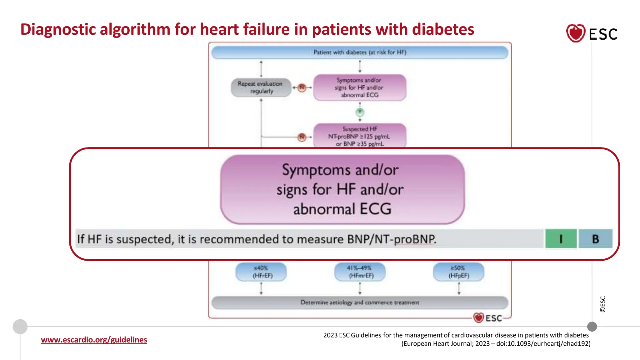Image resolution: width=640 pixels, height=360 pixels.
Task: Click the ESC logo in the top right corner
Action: click(x=592, y=33)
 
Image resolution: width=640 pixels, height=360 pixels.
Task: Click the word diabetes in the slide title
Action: click(x=443, y=29)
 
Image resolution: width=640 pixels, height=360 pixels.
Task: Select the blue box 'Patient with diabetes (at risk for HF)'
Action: click(x=360, y=52)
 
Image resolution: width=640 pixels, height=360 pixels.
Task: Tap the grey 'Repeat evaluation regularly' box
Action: click(x=261, y=87)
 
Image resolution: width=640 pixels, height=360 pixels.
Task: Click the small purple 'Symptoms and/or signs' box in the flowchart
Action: click(x=360, y=87)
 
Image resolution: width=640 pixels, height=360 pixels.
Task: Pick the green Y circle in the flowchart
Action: click(x=360, y=112)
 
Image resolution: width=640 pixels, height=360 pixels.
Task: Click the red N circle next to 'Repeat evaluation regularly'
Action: click(x=302, y=87)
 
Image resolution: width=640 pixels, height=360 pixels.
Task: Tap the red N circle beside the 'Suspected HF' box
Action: click(x=302, y=137)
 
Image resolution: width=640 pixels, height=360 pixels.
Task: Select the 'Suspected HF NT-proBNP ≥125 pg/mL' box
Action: click(x=360, y=136)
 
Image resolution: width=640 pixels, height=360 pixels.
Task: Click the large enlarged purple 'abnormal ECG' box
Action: click(x=342, y=189)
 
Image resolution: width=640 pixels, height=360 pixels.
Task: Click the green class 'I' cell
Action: click(x=561, y=239)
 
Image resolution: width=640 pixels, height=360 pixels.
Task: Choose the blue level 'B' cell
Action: click(x=595, y=239)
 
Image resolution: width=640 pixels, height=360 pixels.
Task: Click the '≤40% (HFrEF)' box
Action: click(x=261, y=272)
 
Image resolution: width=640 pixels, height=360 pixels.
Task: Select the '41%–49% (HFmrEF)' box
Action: click(x=360, y=272)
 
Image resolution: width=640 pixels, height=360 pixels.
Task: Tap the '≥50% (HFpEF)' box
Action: click(x=458, y=272)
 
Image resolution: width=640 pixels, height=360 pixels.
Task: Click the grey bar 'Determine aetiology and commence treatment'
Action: click(x=360, y=302)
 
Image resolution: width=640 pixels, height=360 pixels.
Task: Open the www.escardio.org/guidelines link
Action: click(x=94, y=340)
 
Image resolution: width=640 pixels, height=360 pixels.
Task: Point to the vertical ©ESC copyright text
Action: click(x=603, y=304)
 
